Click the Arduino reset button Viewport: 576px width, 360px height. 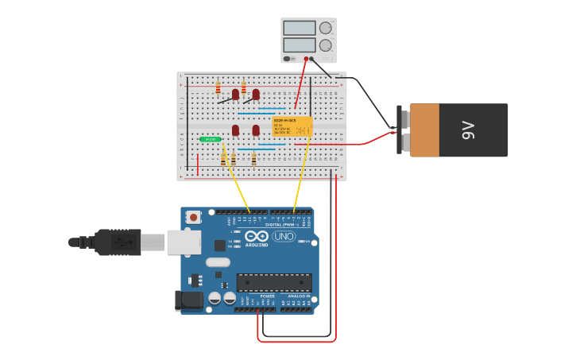coord(191,216)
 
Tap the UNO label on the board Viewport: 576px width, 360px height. coord(284,236)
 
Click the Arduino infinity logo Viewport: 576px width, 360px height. coord(257,236)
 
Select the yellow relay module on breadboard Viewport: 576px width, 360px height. coord(292,126)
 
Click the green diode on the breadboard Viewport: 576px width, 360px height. coord(211,139)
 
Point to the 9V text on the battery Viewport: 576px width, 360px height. coord(468,130)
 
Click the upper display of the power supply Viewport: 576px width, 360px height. coord(300,28)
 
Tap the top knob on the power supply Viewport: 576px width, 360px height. coord(325,28)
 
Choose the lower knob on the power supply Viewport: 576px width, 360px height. coord(325,45)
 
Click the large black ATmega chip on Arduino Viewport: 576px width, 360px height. coord(274,282)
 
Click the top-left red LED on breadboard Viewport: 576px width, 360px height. coord(235,95)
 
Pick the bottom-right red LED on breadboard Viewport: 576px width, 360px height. coord(256,130)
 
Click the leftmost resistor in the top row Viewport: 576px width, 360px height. coord(218,87)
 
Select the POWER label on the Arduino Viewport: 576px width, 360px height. coord(268,296)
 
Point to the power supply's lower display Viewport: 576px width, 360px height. coord(300,45)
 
